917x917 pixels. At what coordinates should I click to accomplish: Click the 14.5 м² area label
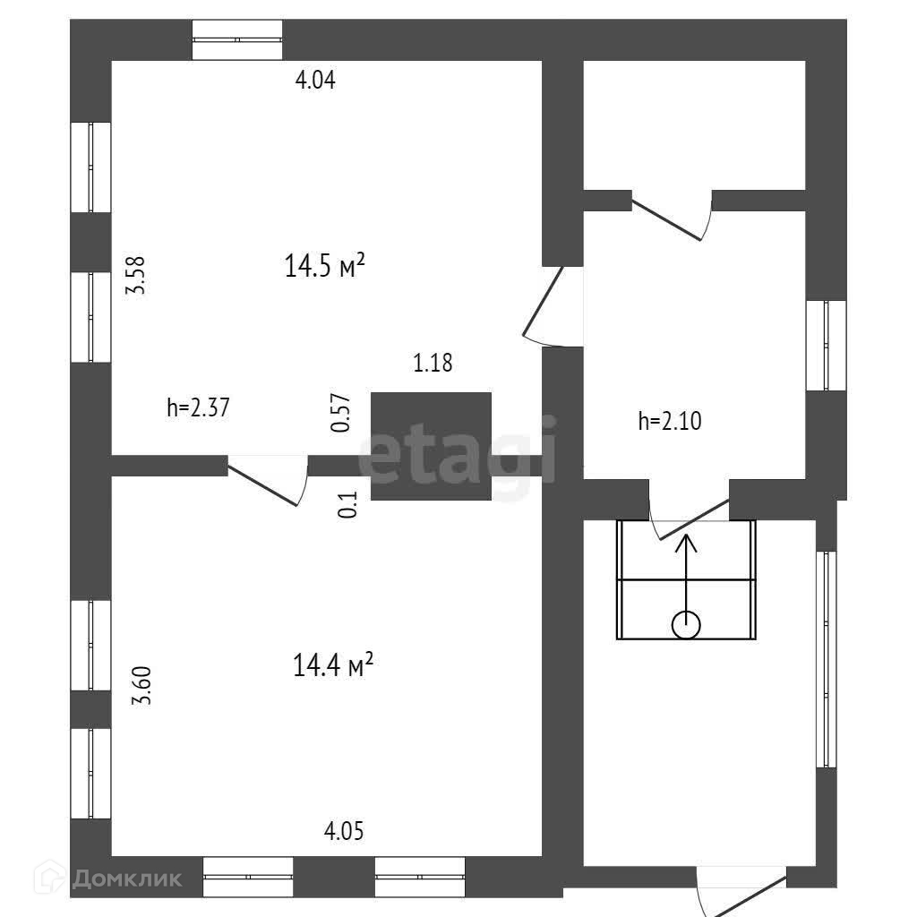tap(324, 265)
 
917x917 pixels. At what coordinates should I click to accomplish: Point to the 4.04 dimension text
tap(315, 81)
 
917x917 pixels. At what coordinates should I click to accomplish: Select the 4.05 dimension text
tap(344, 831)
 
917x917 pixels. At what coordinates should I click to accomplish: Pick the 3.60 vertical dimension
tap(141, 686)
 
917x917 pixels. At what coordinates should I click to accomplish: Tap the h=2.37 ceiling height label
tap(199, 408)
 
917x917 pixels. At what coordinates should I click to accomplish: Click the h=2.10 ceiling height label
tap(670, 421)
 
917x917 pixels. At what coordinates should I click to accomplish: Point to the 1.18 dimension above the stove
tap(433, 364)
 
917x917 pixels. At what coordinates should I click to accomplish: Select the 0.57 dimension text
tap(340, 414)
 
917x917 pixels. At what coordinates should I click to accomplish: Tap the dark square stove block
tap(431, 446)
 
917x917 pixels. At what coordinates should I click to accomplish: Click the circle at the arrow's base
tap(687, 624)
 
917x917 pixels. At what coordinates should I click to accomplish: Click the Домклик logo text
tap(125, 878)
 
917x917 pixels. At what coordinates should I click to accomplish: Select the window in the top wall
tap(238, 40)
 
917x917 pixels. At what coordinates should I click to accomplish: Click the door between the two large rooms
tap(267, 480)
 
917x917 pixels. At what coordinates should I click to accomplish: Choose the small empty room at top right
tap(694, 124)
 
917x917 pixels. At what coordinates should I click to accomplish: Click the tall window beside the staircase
tap(825, 659)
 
